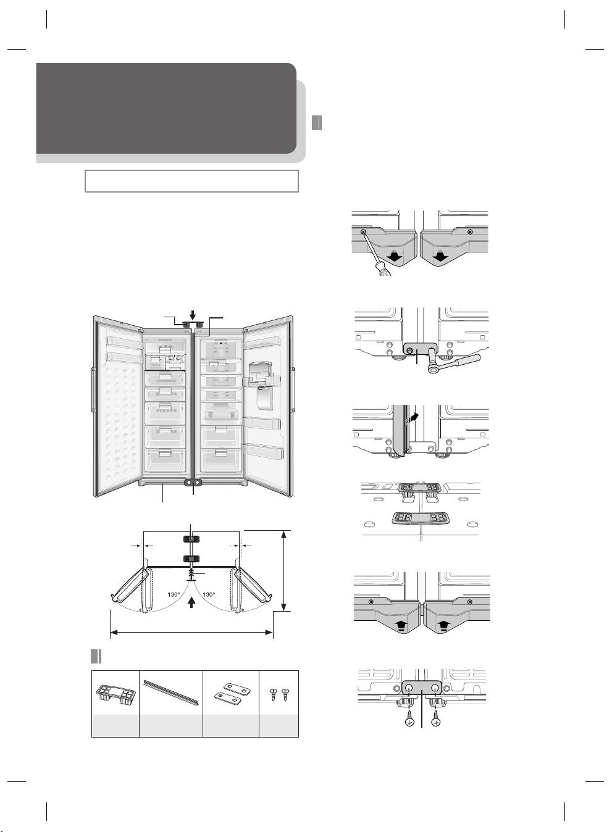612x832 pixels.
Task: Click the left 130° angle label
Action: [174, 594]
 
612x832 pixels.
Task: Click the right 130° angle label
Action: [209, 594]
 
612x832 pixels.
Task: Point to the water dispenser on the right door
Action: [264, 386]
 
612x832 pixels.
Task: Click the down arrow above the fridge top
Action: [192, 315]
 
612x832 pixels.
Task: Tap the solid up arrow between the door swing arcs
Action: [191, 602]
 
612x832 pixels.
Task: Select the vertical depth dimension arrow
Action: [284, 571]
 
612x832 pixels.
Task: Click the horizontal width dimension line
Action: [191, 632]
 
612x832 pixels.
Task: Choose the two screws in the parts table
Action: [279, 694]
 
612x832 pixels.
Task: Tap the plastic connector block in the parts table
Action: [115, 693]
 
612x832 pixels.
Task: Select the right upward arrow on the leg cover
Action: [443, 626]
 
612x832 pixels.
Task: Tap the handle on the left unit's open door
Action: [92, 389]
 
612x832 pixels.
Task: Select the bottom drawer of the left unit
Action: [165, 459]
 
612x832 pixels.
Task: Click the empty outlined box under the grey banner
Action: [191, 181]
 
